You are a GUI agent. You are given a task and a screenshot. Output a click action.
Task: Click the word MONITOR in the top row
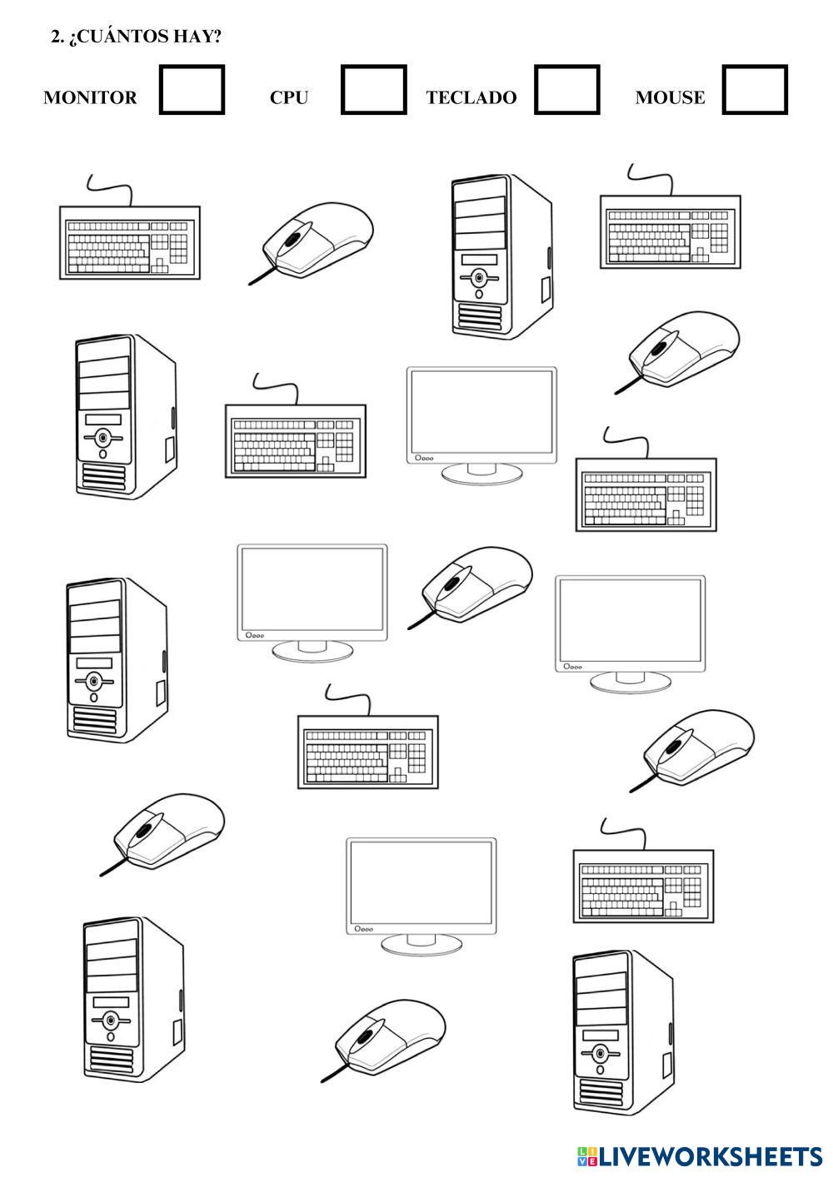point(90,97)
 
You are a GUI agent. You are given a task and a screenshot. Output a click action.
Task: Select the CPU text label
point(289,97)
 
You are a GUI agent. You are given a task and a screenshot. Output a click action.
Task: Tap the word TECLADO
point(471,97)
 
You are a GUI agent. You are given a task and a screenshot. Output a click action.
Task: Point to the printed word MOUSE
point(670,97)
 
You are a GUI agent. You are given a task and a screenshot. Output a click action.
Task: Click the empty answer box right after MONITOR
point(192,90)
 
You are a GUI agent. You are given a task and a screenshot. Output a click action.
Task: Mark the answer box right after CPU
point(374,90)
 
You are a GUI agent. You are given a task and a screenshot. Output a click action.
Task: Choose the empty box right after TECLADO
point(566,90)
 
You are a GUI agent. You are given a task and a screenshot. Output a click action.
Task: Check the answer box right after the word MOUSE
point(755,90)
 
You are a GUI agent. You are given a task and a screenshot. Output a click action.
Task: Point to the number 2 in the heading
point(55,37)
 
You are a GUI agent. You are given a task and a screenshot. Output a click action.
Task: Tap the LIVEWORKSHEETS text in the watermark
point(711,1156)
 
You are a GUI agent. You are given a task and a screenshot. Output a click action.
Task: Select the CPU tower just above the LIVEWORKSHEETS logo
point(622,1032)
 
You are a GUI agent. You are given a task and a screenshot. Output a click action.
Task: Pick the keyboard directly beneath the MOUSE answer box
point(670,231)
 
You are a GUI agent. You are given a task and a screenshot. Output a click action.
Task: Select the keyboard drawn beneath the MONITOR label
point(129,242)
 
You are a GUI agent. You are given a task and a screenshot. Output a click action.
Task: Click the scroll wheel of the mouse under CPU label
point(292,239)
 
